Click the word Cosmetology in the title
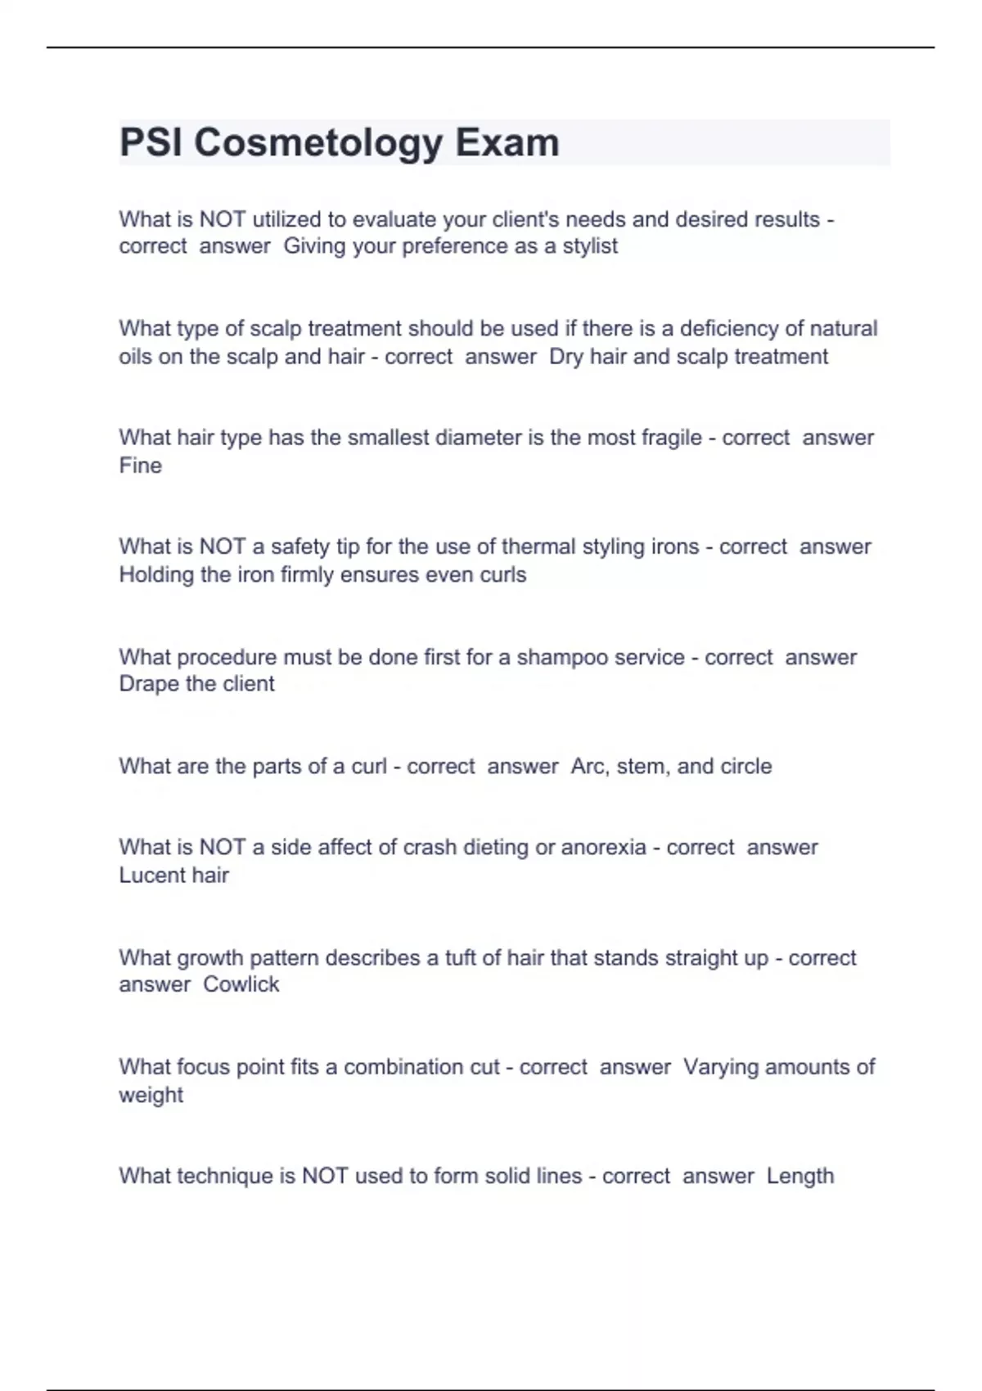tap(319, 143)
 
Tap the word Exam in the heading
tap(507, 142)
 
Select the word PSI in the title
tap(151, 142)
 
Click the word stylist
tap(590, 246)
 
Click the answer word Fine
tap(140, 466)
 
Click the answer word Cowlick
tap(241, 984)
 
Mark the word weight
tap(151, 1096)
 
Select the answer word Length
tap(800, 1177)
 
